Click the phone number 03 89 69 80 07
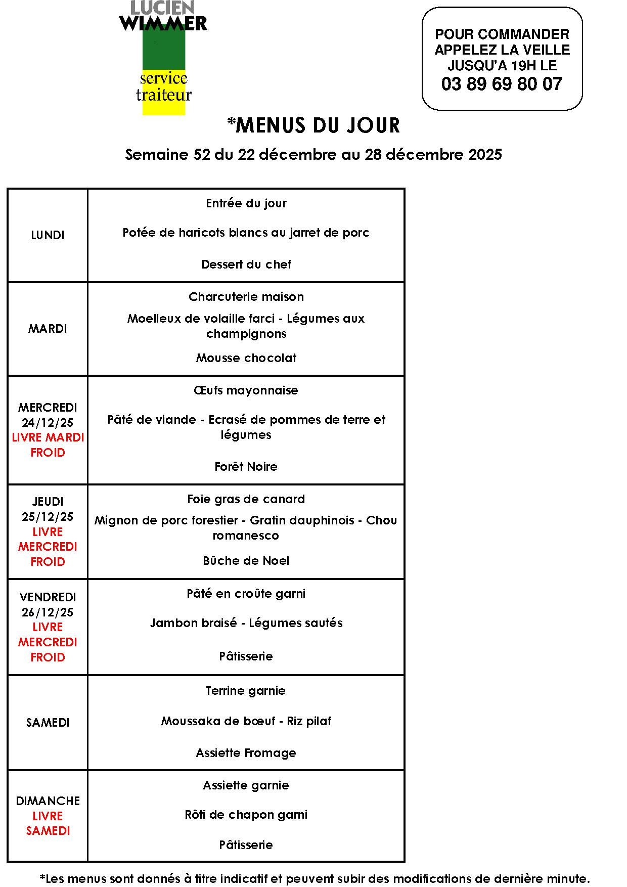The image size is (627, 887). [x=502, y=84]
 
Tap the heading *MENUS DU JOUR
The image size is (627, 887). [x=313, y=125]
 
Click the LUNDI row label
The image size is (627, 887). [x=48, y=235]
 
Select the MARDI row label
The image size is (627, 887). [x=48, y=329]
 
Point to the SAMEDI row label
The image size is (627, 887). [x=48, y=723]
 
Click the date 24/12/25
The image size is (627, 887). [x=48, y=422]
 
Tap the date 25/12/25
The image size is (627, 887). [x=48, y=517]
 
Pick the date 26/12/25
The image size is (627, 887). [x=48, y=612]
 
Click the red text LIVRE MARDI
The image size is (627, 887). [x=48, y=437]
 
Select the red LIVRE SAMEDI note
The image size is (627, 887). [x=48, y=823]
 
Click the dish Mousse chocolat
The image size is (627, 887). [x=246, y=358]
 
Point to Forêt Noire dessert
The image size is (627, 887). [x=246, y=467]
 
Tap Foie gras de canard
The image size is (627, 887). [x=246, y=499]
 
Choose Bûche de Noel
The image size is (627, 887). [x=246, y=561]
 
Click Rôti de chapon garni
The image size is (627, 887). [x=246, y=815]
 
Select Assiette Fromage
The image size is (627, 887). [x=246, y=753]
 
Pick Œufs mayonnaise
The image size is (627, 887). [x=246, y=390]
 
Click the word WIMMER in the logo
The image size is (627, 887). [x=163, y=23]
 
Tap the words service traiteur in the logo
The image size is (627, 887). [x=164, y=86]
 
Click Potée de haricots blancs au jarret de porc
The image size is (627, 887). [x=246, y=233]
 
